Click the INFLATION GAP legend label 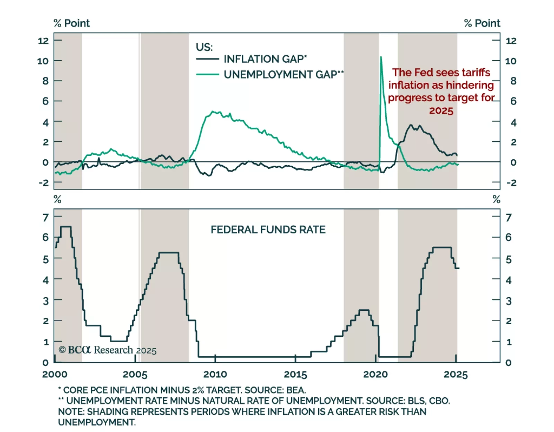click(265, 59)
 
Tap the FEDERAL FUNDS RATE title click(268, 230)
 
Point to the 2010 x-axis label click(215, 374)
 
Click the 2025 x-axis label click(456, 374)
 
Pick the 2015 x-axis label click(295, 374)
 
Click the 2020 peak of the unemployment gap click(381, 57)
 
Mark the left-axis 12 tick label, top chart click(43, 41)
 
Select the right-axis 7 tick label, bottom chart click(508, 218)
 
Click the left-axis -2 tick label click(44, 183)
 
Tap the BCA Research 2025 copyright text click(108, 350)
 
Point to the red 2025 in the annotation click(441, 111)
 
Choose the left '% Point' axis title click(72, 23)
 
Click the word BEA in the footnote click(296, 390)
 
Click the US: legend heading click(204, 47)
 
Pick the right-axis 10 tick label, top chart click(511, 61)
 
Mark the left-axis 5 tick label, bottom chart click(46, 259)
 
